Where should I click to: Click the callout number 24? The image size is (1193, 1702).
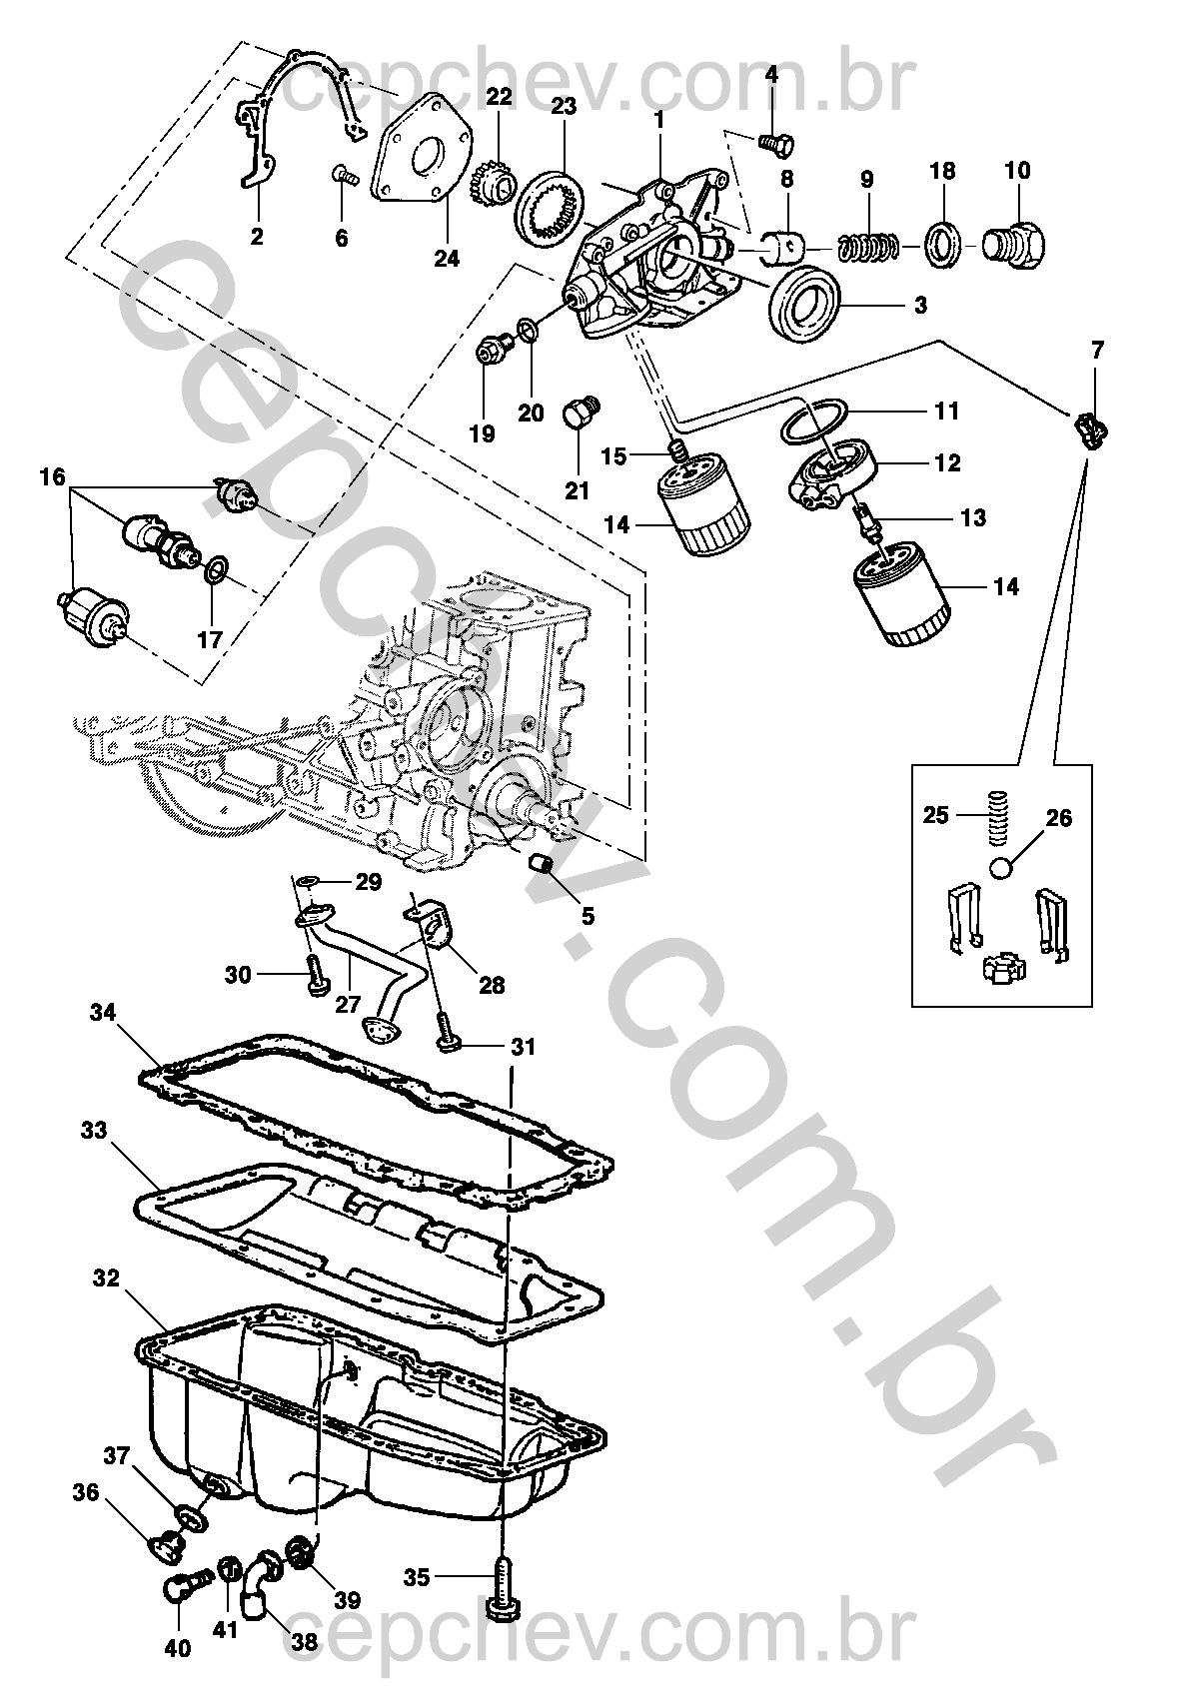pyautogui.click(x=447, y=259)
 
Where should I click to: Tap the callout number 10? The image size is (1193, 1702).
pyautogui.click(x=1017, y=170)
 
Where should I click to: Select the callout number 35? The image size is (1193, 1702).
pyautogui.click(x=418, y=1577)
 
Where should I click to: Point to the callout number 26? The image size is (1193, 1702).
pyautogui.click(x=1058, y=818)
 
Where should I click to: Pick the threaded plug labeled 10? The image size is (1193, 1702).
pyautogui.click(x=1014, y=245)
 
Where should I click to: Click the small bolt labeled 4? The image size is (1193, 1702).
pyautogui.click(x=776, y=142)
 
